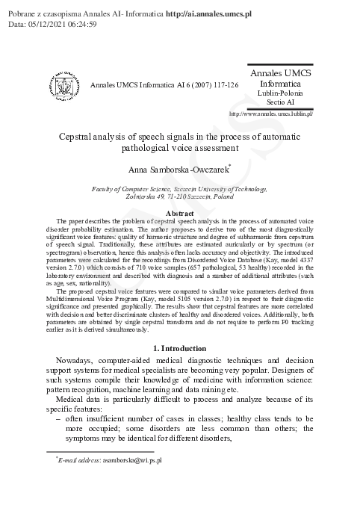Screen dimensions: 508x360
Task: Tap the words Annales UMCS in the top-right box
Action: pos(280,74)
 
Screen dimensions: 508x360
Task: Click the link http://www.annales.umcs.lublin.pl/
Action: pos(270,114)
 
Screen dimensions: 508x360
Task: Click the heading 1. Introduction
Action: pos(179,349)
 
